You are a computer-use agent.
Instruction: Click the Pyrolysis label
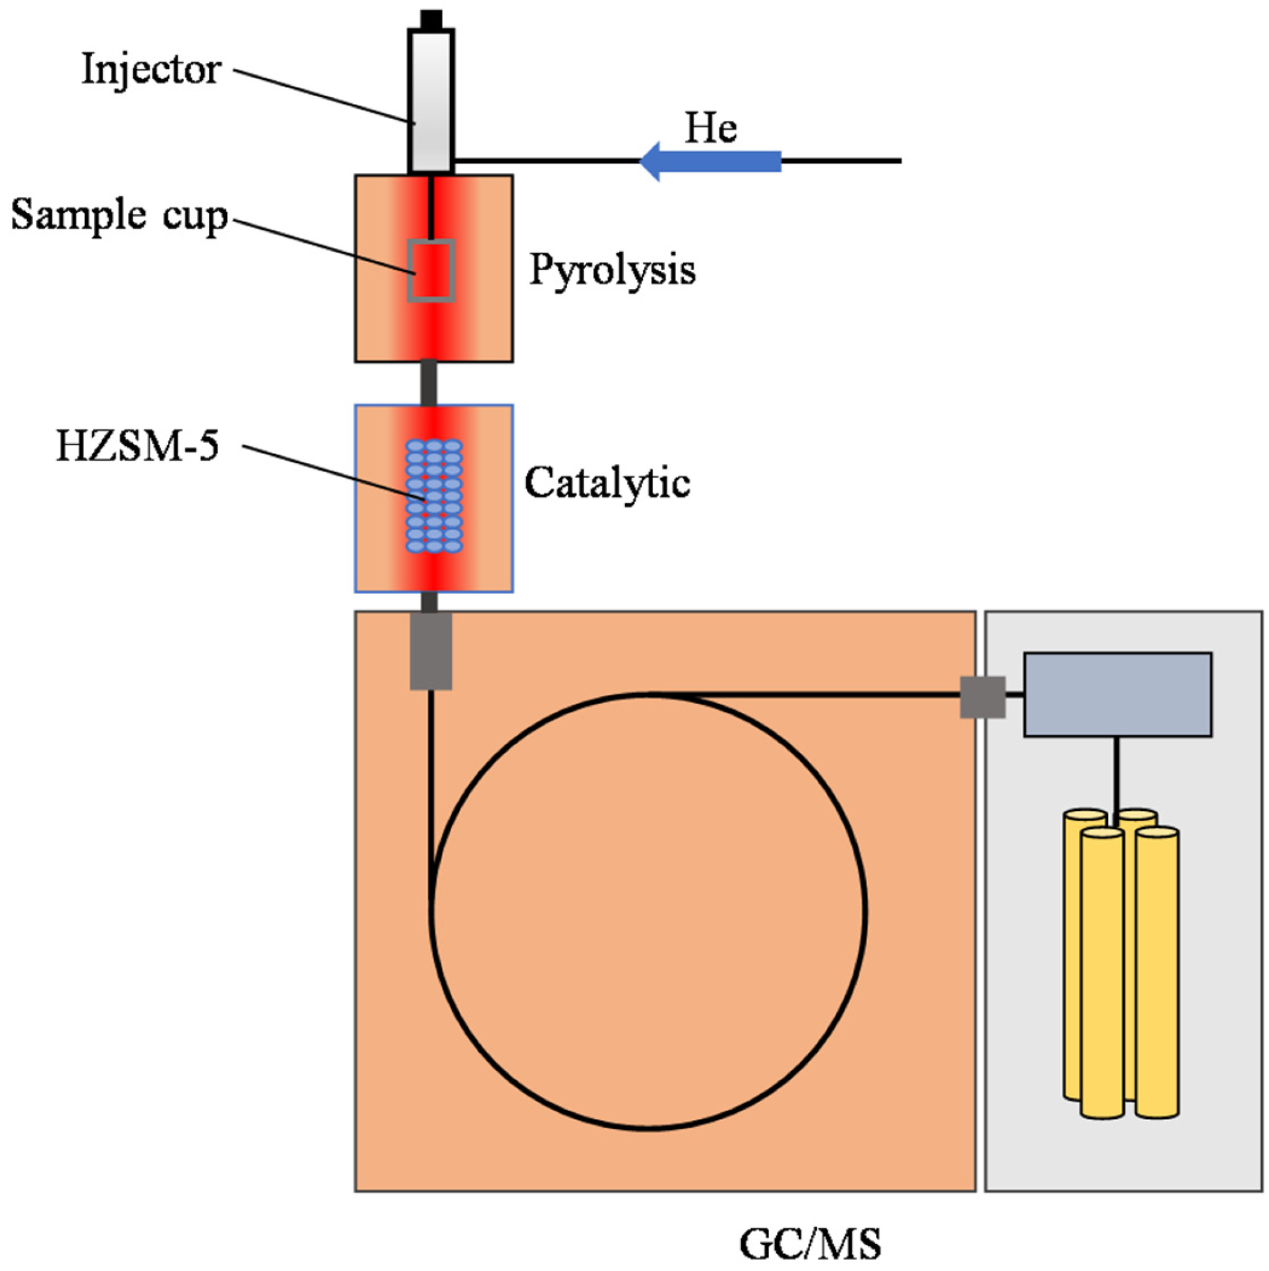tap(612, 271)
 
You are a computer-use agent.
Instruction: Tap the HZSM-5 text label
tap(138, 447)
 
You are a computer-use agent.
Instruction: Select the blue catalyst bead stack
tap(433, 496)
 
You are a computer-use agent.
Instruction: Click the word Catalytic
tap(607, 484)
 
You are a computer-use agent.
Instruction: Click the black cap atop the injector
tap(431, 19)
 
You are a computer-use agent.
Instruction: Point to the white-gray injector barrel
tap(431, 98)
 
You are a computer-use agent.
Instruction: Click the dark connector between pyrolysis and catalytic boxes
tap(429, 383)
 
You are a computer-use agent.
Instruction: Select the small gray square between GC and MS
tap(982, 697)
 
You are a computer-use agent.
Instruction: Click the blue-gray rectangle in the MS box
tap(1117, 694)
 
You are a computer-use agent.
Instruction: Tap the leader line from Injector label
tap(322, 95)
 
